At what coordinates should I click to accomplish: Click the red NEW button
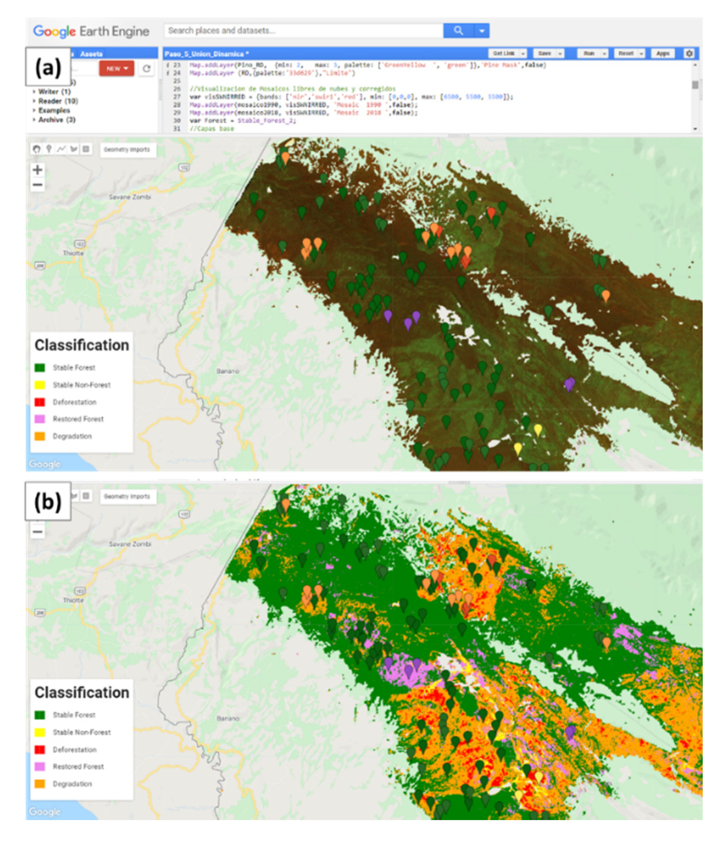[116, 69]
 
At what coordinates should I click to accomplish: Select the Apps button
[662, 53]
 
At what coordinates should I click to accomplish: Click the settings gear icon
[689, 53]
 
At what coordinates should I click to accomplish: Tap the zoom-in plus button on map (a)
[38, 170]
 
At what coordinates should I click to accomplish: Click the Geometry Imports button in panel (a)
[127, 150]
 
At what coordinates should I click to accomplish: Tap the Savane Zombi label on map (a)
[130, 197]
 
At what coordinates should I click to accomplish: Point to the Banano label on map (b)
[227, 718]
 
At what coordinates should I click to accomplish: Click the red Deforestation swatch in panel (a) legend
[40, 402]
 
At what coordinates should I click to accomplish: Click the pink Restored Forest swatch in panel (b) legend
[40, 766]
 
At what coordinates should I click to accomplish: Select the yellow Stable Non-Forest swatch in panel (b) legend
[40, 732]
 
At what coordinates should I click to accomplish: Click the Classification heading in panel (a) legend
[82, 345]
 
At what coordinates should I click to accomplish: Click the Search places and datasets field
[302, 31]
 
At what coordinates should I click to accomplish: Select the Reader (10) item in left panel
[58, 101]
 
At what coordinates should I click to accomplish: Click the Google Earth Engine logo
[91, 31]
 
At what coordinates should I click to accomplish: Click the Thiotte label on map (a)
[73, 253]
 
